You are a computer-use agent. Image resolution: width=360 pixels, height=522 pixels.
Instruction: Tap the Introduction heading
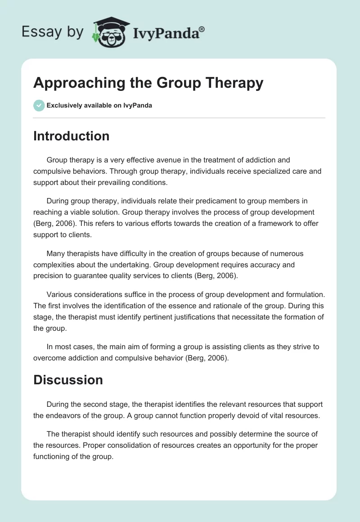pyautogui.click(x=71, y=136)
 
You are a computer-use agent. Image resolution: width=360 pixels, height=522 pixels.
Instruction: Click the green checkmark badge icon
pyautogui.click(x=39, y=105)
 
